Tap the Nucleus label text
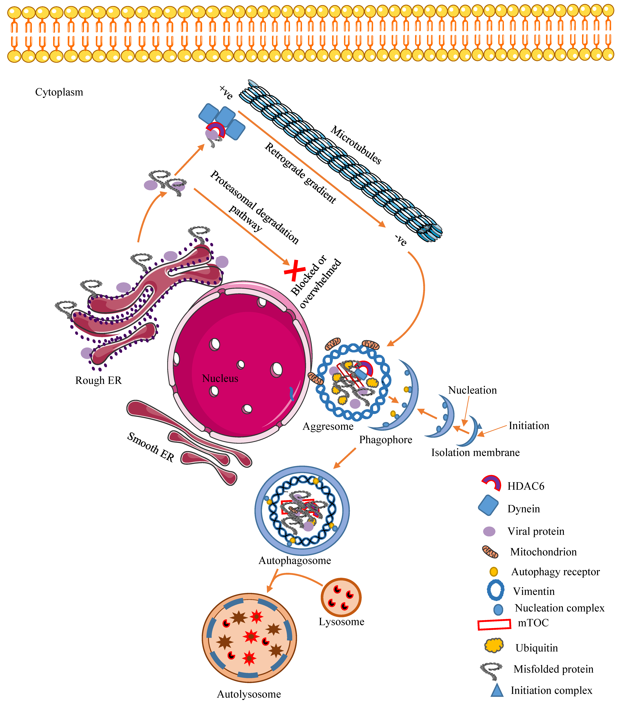[220, 378]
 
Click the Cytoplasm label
[59, 92]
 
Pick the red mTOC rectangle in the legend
[494, 625]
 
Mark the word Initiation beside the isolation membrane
[529, 426]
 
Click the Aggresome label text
[328, 426]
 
